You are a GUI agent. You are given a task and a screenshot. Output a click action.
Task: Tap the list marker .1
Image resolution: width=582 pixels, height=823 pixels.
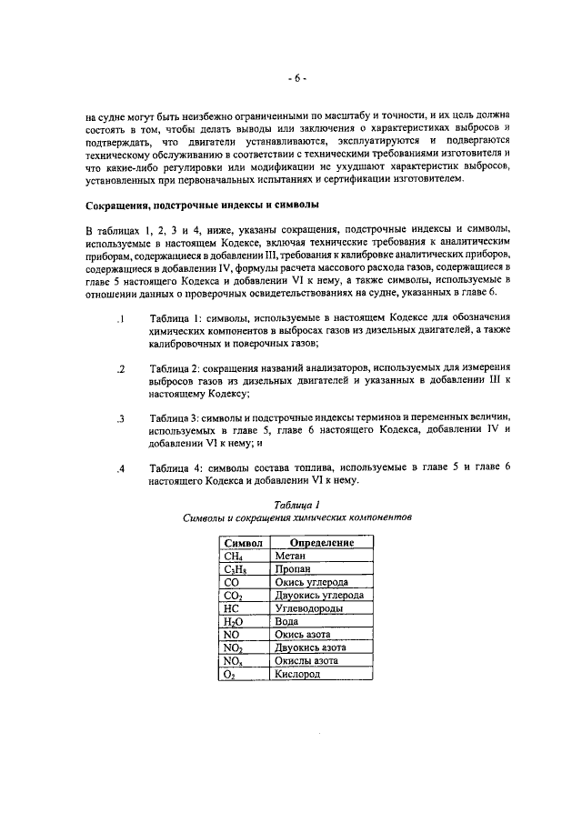point(119,319)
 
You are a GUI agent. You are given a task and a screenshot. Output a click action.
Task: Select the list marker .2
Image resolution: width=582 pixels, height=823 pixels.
point(119,369)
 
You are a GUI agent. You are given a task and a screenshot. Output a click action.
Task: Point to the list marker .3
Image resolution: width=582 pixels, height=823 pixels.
point(119,418)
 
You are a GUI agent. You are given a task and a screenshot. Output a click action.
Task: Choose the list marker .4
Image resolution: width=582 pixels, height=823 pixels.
point(119,468)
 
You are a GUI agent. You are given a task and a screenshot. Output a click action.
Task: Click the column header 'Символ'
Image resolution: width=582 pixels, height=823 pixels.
point(243,543)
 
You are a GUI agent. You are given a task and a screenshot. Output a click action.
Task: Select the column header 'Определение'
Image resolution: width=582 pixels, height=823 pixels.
point(316,543)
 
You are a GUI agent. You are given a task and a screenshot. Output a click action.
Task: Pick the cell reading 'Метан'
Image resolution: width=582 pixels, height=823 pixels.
point(291,557)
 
